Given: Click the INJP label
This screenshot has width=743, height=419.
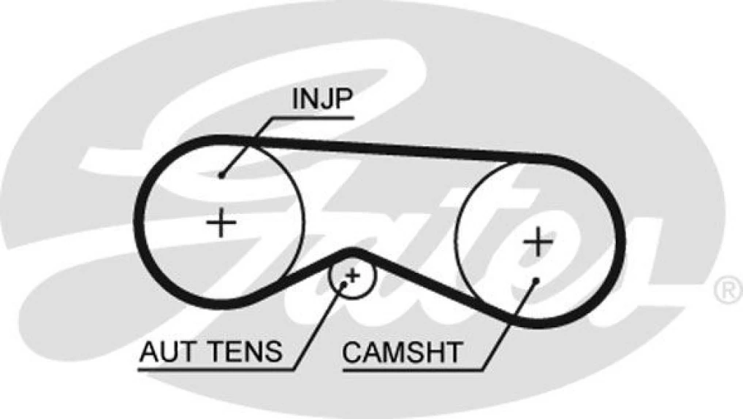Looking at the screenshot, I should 321,100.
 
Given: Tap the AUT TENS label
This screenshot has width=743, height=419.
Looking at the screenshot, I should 211,353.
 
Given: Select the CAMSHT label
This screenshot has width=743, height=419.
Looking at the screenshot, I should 403,353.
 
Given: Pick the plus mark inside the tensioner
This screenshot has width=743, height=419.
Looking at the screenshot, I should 352,275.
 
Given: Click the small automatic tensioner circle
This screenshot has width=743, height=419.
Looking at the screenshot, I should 352,276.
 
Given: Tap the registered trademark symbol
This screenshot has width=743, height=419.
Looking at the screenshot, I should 725,291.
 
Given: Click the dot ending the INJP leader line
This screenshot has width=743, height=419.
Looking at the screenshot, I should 221,175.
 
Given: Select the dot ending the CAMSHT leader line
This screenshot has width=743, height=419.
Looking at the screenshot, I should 537,280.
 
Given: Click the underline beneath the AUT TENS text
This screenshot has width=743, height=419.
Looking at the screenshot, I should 219,367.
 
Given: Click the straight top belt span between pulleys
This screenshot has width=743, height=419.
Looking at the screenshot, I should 395,149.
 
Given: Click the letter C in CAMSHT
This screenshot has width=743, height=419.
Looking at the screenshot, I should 351,353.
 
